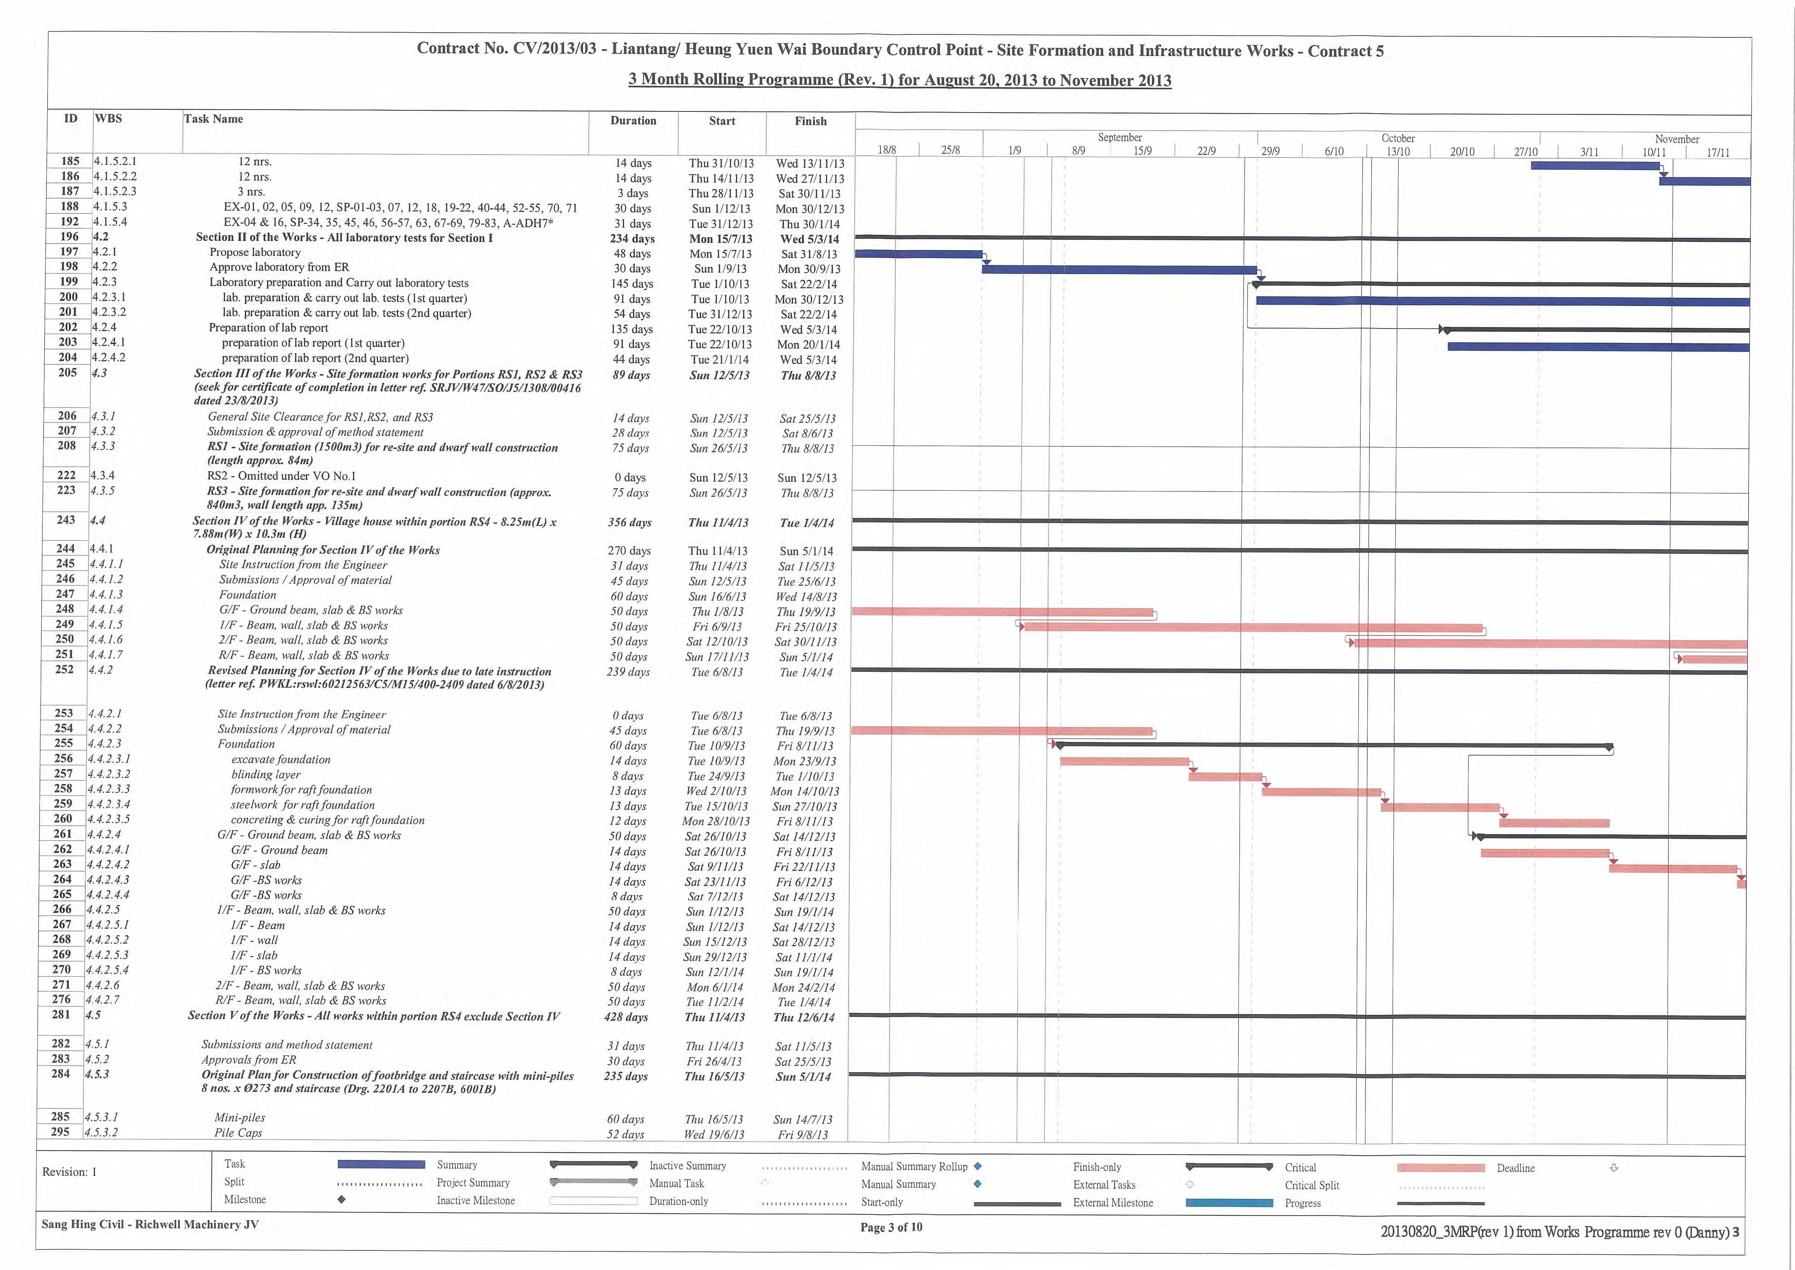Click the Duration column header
click(633, 121)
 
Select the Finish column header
click(811, 121)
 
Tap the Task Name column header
click(213, 119)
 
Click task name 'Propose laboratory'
click(255, 252)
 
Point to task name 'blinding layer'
click(266, 774)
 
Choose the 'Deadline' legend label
click(1515, 1168)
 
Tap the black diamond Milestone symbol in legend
click(342, 1200)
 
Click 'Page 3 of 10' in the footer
click(891, 1227)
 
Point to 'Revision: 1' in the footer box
click(70, 1172)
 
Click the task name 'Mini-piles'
click(240, 1118)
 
